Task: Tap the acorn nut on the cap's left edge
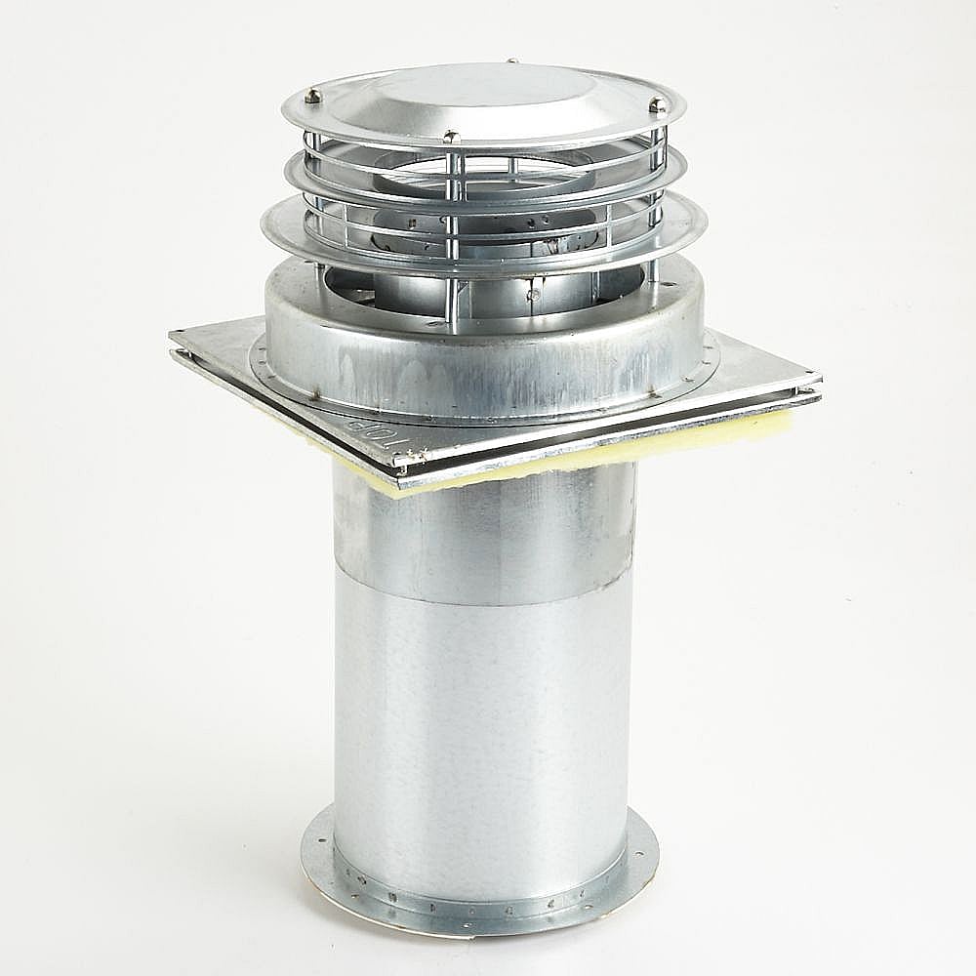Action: tap(312, 95)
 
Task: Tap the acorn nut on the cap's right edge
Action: tap(659, 103)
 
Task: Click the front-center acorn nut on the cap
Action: tap(450, 137)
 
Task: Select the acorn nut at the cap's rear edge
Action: tap(511, 61)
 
